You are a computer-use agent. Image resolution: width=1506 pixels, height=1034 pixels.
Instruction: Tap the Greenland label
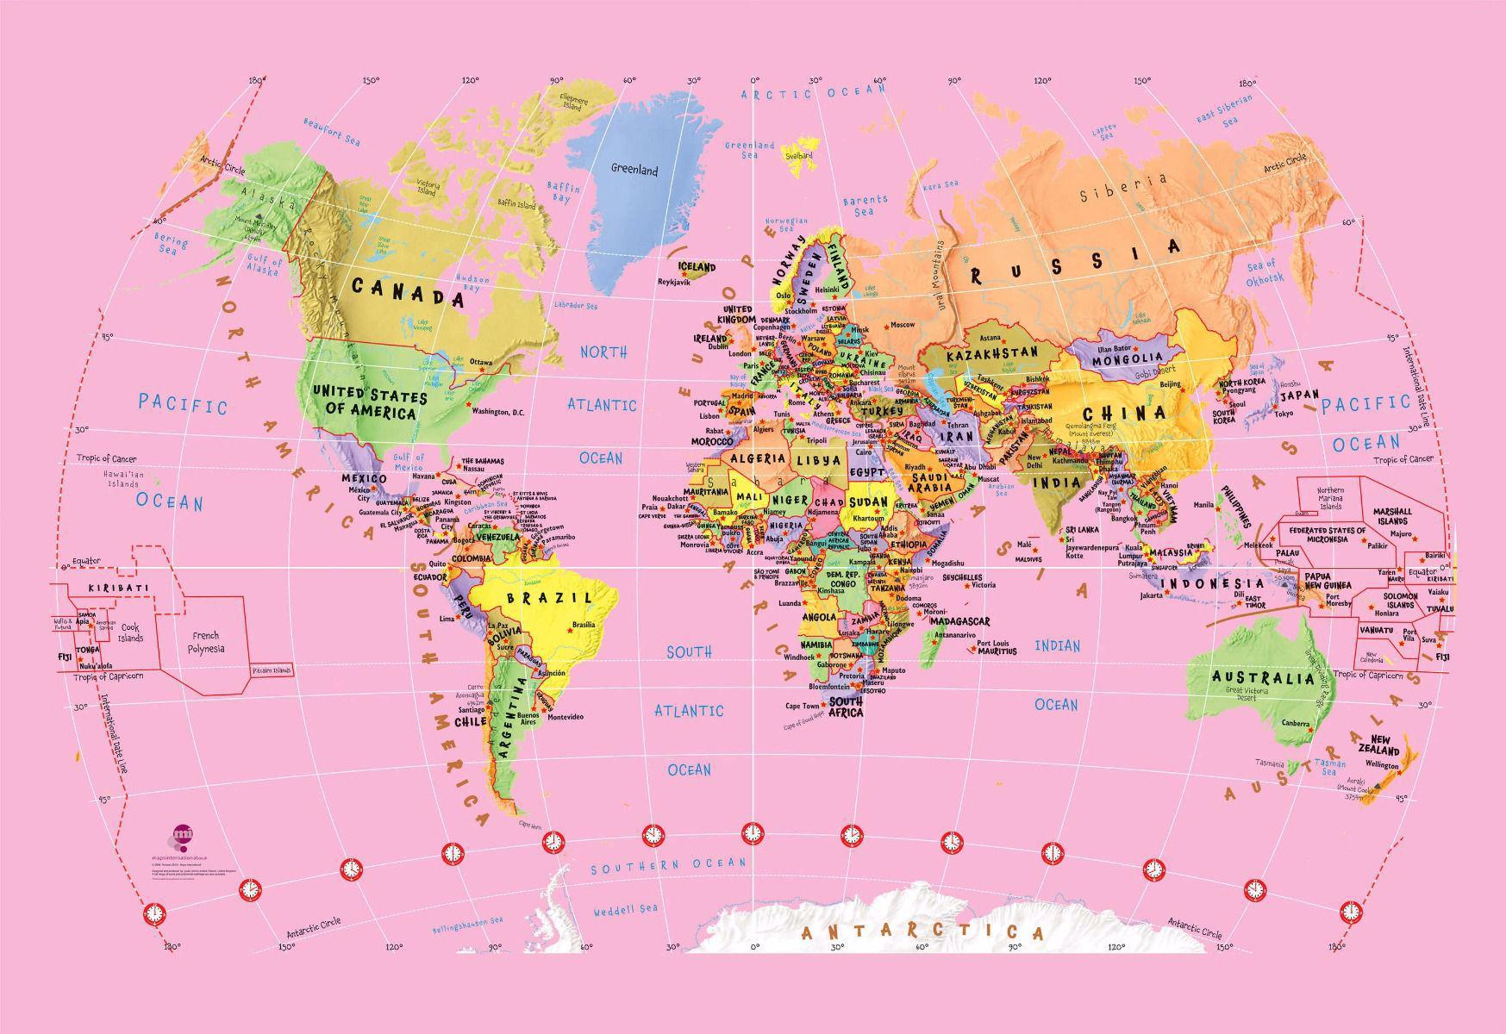[634, 170]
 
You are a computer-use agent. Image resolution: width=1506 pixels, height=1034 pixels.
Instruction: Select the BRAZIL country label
[549, 597]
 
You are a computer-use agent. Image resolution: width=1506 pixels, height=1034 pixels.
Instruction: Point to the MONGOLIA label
[1128, 360]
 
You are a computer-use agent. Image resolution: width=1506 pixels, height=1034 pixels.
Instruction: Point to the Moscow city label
[903, 325]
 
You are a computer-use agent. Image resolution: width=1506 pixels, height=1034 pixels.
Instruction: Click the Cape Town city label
[802, 706]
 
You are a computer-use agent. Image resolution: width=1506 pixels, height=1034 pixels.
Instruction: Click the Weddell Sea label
[625, 910]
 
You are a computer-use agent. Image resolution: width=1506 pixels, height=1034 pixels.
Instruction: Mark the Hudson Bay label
[472, 283]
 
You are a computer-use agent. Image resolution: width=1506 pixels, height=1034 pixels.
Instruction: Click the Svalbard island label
[798, 156]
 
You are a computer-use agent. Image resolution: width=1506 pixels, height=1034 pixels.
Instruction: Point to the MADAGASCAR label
[960, 621]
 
